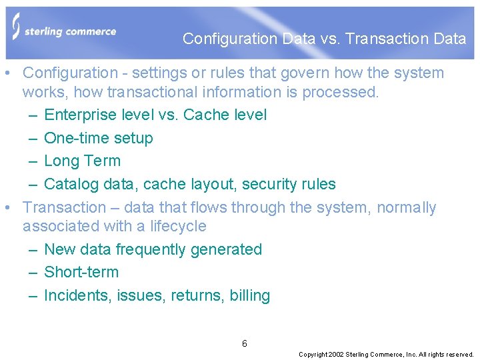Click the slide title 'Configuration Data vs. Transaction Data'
[x=324, y=39]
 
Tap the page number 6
[x=245, y=343]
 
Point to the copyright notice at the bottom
[x=386, y=355]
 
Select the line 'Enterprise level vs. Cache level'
[x=155, y=115]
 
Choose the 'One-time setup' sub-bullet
[x=98, y=138]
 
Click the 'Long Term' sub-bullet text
[x=82, y=161]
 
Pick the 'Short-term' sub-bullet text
[x=81, y=272]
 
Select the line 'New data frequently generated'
[x=153, y=249]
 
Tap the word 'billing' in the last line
[x=249, y=295]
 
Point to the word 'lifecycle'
[x=177, y=226]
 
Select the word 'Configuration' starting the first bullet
[x=69, y=73]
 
